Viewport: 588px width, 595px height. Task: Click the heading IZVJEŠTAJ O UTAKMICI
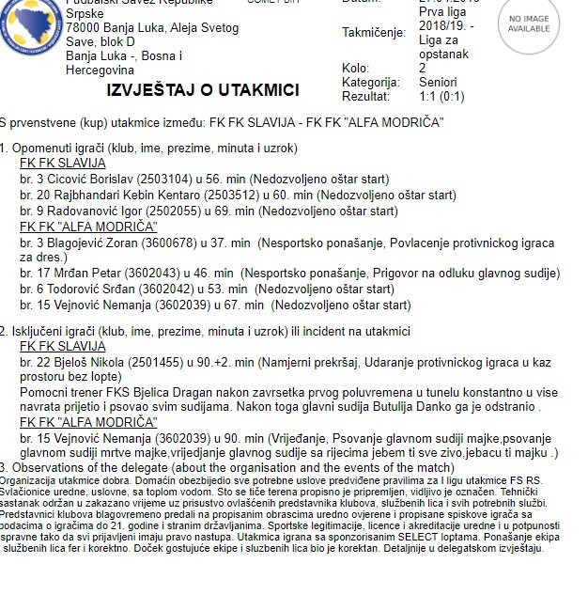coord(204,90)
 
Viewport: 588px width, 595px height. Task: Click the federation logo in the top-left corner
coord(25,21)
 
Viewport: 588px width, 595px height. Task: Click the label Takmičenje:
coord(373,32)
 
